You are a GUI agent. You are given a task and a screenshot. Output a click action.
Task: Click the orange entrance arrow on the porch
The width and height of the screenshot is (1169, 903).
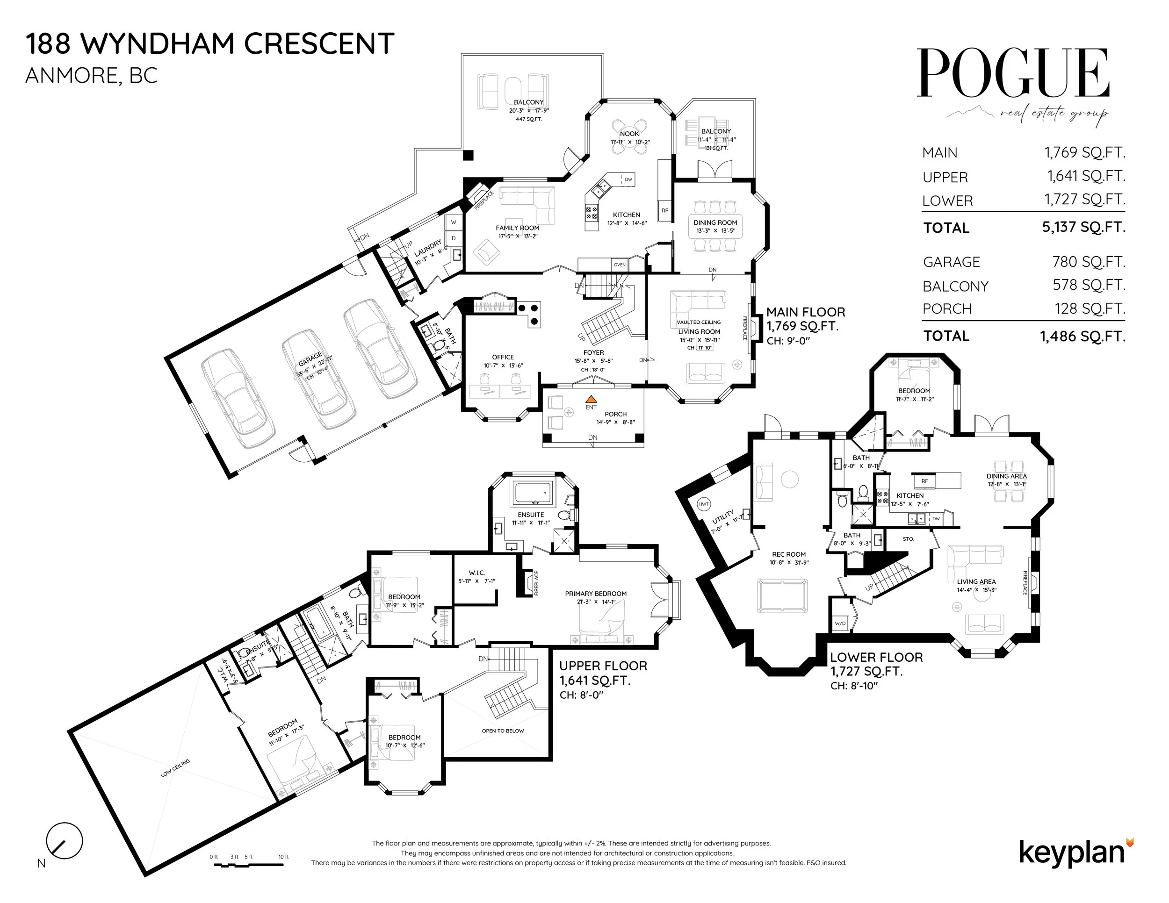[x=591, y=399]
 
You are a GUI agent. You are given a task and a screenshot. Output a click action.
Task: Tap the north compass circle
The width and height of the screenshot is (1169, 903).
[x=65, y=840]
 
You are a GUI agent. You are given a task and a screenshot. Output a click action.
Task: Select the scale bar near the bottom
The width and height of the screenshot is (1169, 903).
[x=251, y=865]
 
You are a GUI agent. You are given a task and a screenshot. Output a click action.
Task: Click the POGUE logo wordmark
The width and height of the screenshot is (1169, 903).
[x=1013, y=73]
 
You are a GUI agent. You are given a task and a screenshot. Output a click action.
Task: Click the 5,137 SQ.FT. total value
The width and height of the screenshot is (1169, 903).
[x=1083, y=227]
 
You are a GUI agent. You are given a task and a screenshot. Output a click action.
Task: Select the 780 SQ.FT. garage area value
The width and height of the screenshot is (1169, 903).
[x=1089, y=262]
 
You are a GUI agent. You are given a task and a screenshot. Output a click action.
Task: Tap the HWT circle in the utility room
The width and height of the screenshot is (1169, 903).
[x=704, y=504]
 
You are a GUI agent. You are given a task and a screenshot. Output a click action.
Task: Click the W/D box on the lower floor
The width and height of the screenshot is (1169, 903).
[x=840, y=623]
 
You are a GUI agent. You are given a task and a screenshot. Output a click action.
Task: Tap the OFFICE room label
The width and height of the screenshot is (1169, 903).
[x=503, y=357]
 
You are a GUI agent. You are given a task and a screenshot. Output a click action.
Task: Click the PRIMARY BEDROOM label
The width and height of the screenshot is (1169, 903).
[x=595, y=593]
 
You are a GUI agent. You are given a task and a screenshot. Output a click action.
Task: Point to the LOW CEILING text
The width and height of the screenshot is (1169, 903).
[x=175, y=767]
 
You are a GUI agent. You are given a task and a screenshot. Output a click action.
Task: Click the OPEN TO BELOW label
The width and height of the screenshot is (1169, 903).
[x=503, y=731]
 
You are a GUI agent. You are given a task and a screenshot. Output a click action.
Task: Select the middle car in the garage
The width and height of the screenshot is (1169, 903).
[x=318, y=379]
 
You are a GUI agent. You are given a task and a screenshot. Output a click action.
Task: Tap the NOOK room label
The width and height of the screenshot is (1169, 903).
[x=629, y=134]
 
